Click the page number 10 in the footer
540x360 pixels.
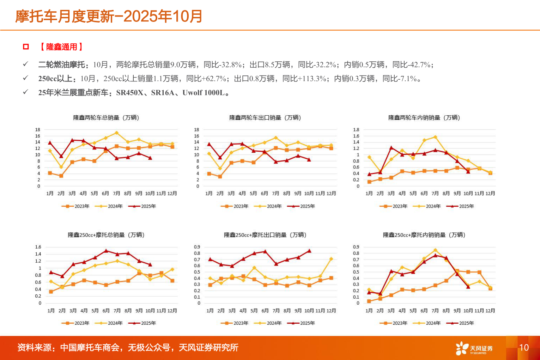coord(524,348)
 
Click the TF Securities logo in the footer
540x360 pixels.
coord(474,348)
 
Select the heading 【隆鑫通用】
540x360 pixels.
coord(61,47)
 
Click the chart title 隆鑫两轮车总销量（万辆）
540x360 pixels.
coord(106,118)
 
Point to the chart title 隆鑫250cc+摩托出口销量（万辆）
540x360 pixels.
coord(265,235)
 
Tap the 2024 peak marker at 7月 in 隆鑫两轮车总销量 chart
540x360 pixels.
coord(116,133)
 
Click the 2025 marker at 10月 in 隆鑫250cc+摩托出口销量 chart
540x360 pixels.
coord(309,251)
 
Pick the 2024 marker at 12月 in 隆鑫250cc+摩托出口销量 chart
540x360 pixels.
coord(331,259)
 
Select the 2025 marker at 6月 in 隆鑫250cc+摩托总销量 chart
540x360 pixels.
coord(106,251)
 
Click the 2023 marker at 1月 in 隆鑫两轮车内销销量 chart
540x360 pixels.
coord(369,182)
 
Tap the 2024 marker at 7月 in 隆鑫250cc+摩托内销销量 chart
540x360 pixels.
coord(435,250)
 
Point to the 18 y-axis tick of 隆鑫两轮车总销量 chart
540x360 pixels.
coord(38,130)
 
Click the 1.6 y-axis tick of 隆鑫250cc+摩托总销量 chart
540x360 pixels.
coord(38,247)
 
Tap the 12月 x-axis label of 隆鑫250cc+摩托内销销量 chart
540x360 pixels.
coord(490,311)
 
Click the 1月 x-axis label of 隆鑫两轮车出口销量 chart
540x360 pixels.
coord(209,194)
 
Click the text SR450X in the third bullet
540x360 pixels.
coord(130,93)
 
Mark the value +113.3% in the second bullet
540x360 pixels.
coord(312,79)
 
